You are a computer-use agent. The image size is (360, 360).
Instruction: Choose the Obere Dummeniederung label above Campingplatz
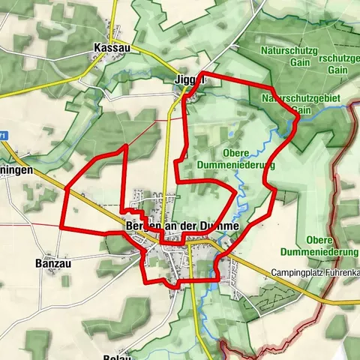point(319,245)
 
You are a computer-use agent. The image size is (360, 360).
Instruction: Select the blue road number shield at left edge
point(3,135)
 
